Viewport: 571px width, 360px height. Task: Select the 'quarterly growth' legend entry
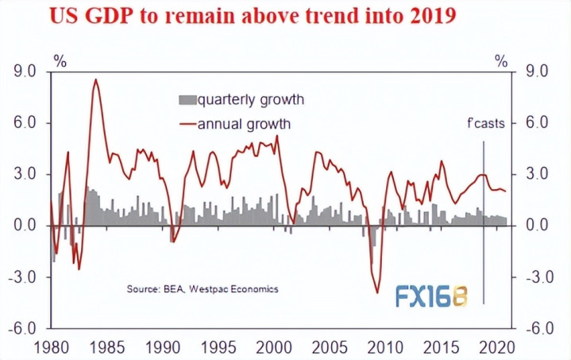(241, 99)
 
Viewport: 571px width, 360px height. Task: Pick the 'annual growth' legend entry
(235, 124)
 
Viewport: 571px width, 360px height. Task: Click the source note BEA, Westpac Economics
(203, 288)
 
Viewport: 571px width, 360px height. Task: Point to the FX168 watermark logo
(431, 295)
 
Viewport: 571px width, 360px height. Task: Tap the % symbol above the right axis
(500, 60)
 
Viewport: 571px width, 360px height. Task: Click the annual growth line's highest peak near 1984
(95, 79)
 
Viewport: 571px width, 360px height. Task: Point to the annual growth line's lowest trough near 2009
(378, 293)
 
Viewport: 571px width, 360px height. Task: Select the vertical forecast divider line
(484, 223)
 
